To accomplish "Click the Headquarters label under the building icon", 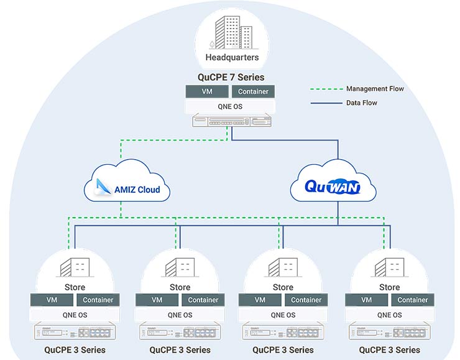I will tap(232, 58).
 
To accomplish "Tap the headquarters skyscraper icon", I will tap(232, 33).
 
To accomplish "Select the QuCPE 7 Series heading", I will tap(231, 78).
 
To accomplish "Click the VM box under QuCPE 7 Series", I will tap(207, 91).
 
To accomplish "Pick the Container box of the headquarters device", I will tap(253, 91).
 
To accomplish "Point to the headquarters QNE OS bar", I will tap(231, 106).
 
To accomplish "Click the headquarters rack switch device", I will tap(231, 122).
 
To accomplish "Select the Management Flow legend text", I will tap(375, 89).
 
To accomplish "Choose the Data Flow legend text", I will tap(361, 103).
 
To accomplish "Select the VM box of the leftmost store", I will tap(52, 300).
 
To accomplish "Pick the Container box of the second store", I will tap(203, 300).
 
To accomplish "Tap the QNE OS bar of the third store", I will tap(282, 315).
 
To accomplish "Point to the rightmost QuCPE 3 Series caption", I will tap(389, 350).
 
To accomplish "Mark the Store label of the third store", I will tap(283, 287).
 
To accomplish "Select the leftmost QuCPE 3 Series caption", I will tap(75, 350).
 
